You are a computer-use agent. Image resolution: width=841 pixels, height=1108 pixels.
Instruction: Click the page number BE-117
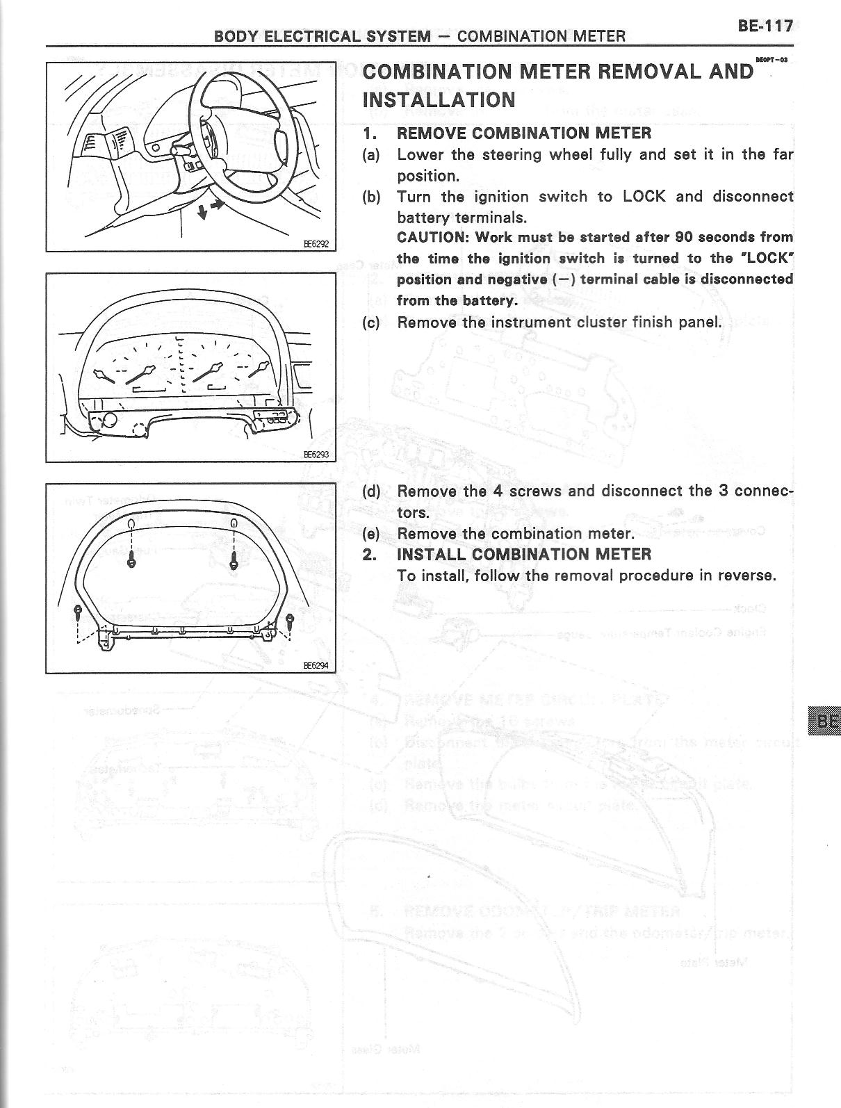(x=765, y=26)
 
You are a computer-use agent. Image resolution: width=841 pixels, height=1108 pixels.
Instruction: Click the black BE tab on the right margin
(x=825, y=721)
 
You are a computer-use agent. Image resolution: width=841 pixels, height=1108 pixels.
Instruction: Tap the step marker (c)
(x=371, y=323)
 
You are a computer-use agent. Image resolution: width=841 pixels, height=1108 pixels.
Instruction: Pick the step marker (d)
(x=371, y=491)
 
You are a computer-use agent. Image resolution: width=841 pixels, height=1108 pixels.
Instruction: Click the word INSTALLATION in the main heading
(x=439, y=100)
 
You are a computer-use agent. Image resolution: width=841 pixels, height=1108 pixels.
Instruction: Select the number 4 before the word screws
(x=498, y=491)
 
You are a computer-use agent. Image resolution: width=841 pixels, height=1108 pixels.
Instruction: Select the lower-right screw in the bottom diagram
(x=290, y=618)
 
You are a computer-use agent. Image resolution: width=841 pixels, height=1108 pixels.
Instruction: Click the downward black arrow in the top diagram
(x=202, y=212)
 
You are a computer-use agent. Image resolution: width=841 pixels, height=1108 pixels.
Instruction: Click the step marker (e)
(x=371, y=534)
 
